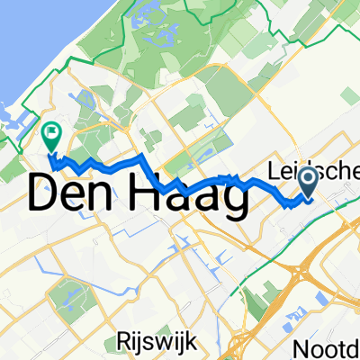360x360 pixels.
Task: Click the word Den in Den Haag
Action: pyautogui.click(x=76, y=193)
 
